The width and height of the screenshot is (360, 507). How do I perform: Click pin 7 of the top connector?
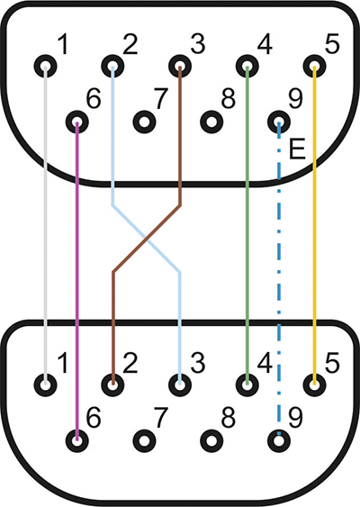[145, 122]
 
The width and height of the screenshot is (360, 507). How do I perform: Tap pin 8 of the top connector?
[211, 122]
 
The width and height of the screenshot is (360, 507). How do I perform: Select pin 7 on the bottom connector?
[145, 440]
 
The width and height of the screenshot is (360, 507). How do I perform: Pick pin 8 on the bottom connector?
[211, 440]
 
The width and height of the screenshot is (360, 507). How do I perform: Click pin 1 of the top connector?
[45, 67]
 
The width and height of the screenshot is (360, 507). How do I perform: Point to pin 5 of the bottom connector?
[314, 385]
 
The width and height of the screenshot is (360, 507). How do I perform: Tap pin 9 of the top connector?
[279, 122]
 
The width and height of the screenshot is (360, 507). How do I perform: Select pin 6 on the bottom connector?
[76, 440]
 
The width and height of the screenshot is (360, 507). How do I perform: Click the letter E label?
[297, 149]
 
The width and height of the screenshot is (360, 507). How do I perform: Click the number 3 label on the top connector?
[197, 44]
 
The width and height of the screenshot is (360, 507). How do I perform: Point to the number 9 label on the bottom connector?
[295, 417]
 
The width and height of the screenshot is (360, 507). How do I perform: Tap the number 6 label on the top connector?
[94, 98]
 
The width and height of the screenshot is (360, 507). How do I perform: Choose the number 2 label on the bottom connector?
[130, 363]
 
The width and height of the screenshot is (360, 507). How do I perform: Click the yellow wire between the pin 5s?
[314, 226]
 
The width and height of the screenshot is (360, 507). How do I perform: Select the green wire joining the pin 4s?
[247, 226]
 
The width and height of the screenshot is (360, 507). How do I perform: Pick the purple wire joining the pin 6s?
[76, 281]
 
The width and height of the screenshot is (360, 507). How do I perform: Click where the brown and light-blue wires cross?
[147, 240]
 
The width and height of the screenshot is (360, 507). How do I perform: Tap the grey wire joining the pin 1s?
[45, 226]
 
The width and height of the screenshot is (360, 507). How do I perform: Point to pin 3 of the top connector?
[180, 67]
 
